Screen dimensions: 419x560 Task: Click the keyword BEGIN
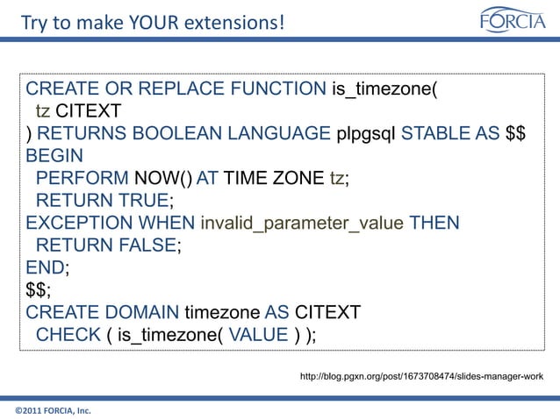tap(54, 157)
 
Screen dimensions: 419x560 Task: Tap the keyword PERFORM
tap(82, 179)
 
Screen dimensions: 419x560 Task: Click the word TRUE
tap(153, 202)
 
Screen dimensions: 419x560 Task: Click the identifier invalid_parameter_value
tap(302, 224)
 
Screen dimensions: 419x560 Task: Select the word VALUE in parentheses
tap(256, 336)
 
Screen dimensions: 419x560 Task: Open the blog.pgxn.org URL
tap(421, 376)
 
